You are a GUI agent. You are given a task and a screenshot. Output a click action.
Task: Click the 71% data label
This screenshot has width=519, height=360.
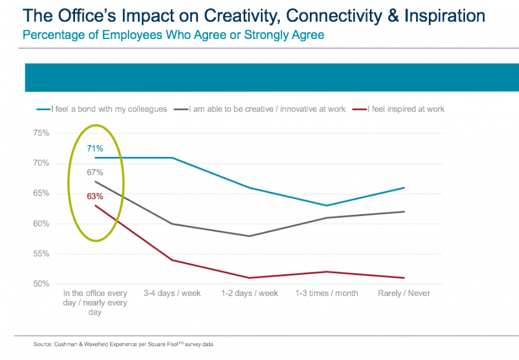pos(95,148)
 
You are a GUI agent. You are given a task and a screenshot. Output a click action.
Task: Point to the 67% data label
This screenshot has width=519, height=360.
pos(95,173)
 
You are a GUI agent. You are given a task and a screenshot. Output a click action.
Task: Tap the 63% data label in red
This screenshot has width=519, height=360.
pos(95,197)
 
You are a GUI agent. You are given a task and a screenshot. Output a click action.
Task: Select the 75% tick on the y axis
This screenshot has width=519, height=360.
pos(41,133)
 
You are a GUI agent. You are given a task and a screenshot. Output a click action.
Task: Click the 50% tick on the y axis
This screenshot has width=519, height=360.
pos(41,284)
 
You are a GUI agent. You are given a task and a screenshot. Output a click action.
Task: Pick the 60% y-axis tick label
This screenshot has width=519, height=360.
pos(41,224)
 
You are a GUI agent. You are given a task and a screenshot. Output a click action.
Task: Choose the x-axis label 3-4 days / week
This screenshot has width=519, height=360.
pos(172,293)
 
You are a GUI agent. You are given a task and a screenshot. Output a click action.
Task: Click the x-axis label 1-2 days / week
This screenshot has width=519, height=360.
pos(250,293)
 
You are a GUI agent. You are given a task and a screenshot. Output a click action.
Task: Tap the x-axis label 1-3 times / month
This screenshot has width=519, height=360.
pos(327,293)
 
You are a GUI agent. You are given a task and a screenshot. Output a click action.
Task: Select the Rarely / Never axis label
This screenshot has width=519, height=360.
pos(404,293)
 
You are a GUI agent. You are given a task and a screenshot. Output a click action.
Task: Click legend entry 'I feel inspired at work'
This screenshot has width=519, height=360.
pos(406,109)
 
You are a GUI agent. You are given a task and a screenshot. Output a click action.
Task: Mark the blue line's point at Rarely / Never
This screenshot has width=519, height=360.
pos(404,187)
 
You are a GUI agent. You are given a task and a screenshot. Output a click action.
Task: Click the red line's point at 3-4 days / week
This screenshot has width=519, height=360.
pos(172,260)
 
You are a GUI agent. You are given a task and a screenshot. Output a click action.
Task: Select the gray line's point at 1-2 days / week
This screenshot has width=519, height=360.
pos(250,236)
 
